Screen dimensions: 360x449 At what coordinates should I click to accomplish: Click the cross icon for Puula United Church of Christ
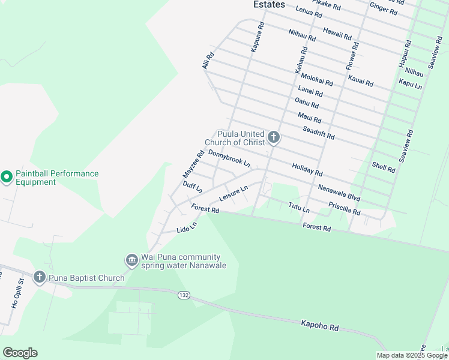click(274, 139)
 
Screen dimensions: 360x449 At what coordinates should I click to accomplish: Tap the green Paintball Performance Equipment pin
click(7, 178)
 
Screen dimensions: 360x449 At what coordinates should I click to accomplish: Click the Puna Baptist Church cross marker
click(40, 277)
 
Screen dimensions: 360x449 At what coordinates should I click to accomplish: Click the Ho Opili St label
click(16, 293)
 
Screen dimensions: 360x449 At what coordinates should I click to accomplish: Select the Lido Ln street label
click(187, 228)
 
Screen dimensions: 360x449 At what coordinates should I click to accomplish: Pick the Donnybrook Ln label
click(229, 158)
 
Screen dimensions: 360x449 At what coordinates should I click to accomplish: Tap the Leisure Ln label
click(234, 193)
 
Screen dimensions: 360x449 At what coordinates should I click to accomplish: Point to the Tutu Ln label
click(298, 208)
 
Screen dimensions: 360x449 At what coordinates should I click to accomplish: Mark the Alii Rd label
click(208, 60)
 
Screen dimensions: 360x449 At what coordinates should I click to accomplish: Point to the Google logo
click(20, 353)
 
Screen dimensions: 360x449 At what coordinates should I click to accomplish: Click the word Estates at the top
click(269, 4)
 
